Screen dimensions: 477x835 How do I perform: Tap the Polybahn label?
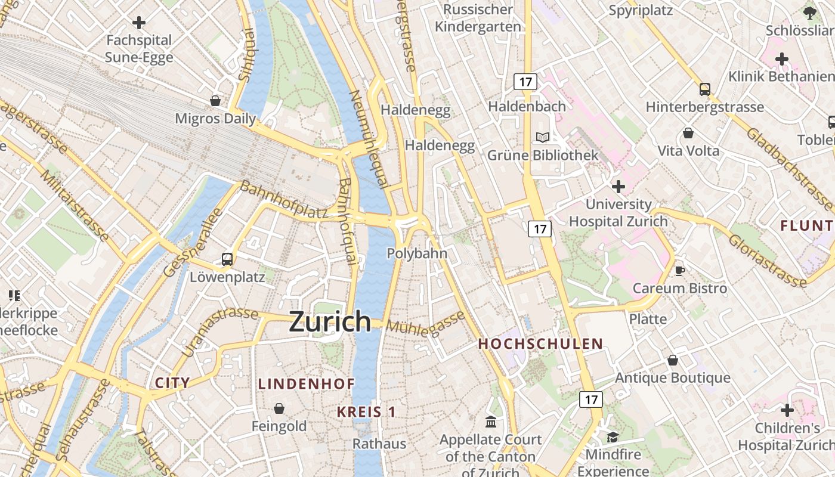(417, 253)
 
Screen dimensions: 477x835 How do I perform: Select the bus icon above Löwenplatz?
(227, 259)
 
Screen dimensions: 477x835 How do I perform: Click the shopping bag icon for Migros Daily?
(215, 101)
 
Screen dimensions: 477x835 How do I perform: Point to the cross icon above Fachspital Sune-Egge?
(139, 23)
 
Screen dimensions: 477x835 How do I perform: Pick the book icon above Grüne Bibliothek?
(543, 138)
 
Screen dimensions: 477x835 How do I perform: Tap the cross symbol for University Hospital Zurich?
(618, 187)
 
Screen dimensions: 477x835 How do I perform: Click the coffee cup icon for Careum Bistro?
(679, 271)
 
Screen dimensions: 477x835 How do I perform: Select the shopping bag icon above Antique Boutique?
(673, 360)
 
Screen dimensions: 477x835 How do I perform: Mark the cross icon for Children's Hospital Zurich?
(787, 410)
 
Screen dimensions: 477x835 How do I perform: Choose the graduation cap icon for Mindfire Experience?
(613, 438)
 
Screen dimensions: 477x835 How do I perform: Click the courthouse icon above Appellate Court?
(491, 422)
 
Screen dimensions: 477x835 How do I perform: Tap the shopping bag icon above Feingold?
(279, 408)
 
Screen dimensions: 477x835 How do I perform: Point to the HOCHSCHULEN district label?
(540, 344)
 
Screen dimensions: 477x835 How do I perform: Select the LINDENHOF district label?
(307, 384)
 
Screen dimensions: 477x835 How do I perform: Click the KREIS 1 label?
(366, 412)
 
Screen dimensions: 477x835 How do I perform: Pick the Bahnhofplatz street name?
(284, 200)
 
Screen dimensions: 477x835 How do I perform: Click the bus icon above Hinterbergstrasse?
(705, 89)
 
